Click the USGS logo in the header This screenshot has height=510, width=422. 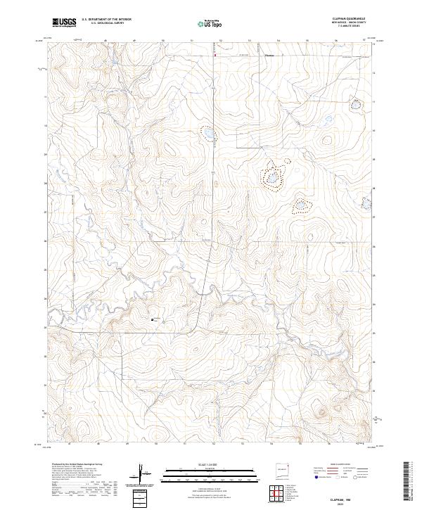pos(64,23)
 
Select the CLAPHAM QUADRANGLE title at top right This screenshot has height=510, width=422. pos(347,19)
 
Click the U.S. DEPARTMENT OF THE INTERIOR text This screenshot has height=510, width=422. pos(106,20)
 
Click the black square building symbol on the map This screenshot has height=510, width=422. pos(153,319)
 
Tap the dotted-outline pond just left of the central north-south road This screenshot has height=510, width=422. pos(207,132)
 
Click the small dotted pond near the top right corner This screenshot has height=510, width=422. pos(357,105)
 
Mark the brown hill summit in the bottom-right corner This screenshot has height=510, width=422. pos(324,413)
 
